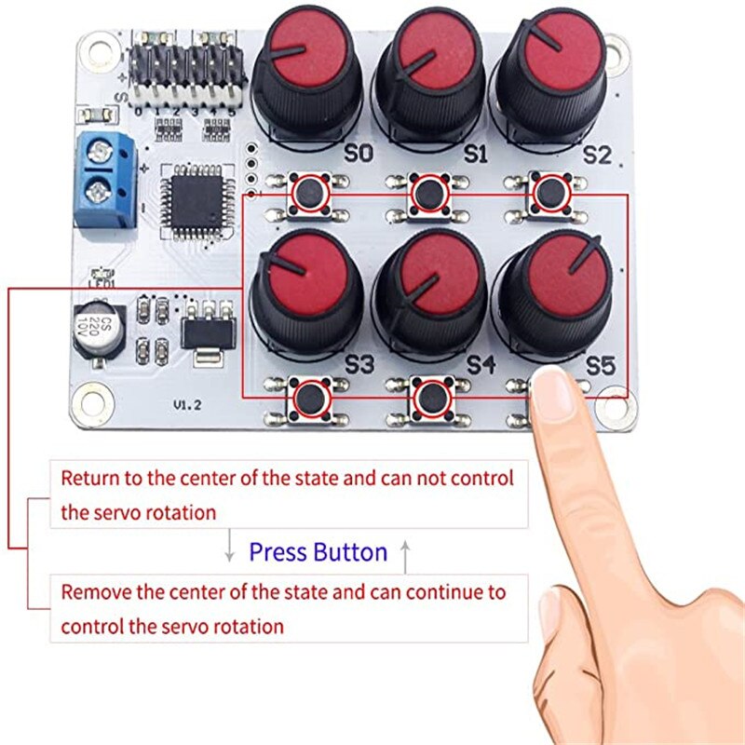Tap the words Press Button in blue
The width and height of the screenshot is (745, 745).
[x=318, y=552]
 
